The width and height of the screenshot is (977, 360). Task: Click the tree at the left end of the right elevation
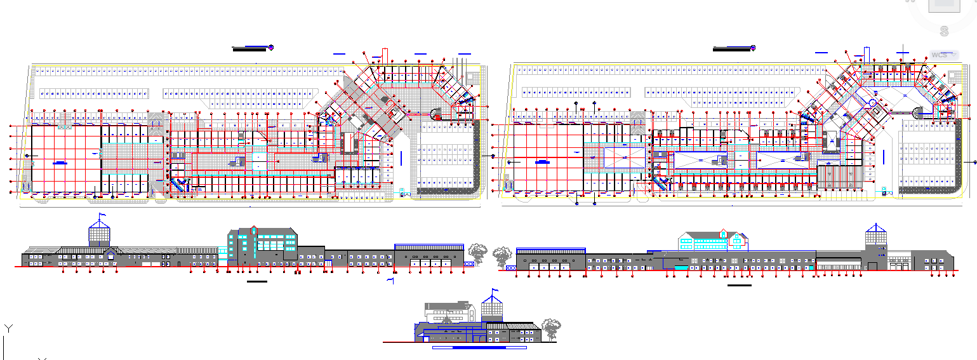tap(502, 256)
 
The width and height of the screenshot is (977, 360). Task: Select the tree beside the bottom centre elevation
tap(550, 328)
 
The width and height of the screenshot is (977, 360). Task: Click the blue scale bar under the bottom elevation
tap(479, 348)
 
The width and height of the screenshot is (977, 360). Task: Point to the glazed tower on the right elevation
tap(875, 240)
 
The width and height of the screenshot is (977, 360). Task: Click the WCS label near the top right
tap(940, 55)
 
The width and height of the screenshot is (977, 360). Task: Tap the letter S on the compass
tap(944, 30)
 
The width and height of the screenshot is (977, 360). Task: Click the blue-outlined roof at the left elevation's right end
tap(429, 246)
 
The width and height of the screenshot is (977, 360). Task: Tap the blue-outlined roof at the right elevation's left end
tap(550, 250)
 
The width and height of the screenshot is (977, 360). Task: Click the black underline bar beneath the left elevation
tap(257, 281)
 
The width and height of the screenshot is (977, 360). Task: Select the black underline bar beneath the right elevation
tap(739, 285)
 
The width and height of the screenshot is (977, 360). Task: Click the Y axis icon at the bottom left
tap(8, 328)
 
